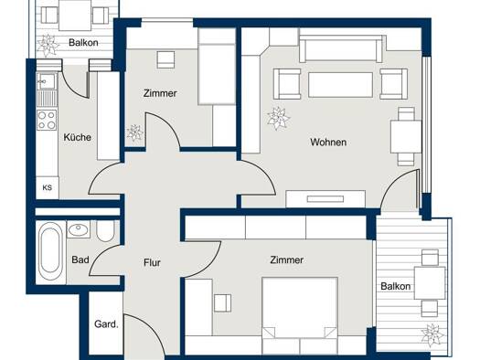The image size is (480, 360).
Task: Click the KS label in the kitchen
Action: (48, 187)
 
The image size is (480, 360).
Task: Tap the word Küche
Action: (78, 137)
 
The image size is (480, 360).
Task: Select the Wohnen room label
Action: (328, 142)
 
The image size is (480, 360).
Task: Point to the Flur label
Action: (152, 262)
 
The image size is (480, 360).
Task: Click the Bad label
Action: (80, 259)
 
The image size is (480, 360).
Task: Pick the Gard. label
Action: (106, 323)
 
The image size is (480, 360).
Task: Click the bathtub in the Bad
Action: (49, 250)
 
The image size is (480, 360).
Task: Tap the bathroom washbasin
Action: (79, 229)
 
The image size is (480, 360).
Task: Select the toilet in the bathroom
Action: (105, 231)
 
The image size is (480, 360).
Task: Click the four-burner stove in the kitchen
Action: (47, 120)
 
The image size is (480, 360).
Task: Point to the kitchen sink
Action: (47, 81)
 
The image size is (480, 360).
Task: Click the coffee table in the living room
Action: (340, 85)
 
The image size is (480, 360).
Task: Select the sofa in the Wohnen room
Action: (341, 49)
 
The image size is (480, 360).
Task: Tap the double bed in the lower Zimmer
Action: (300, 315)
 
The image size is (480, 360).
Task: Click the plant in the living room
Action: (278, 119)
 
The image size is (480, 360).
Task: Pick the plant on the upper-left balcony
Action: (48, 46)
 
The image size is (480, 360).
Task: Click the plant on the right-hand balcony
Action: (432, 335)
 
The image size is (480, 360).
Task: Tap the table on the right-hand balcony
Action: (430, 283)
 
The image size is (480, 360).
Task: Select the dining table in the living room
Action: (406, 137)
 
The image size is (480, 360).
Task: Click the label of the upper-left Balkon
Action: (83, 43)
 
